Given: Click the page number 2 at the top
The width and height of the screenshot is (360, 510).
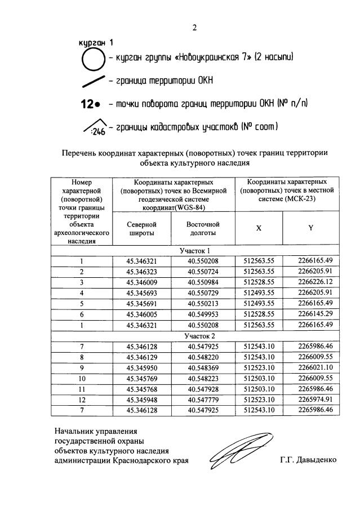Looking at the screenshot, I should (194, 28).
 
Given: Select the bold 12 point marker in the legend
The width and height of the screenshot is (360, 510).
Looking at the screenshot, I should (91, 104).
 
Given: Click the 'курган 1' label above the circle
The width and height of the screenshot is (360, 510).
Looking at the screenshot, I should (95, 42).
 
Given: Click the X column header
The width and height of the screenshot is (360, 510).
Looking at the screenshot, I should (259, 228).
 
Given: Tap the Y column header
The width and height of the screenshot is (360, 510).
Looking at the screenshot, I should (310, 228).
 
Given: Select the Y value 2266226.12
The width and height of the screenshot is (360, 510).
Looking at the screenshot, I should (310, 282).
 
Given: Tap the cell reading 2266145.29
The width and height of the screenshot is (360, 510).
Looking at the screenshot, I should (310, 314).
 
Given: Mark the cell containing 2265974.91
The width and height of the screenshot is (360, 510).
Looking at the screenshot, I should (310, 400).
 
